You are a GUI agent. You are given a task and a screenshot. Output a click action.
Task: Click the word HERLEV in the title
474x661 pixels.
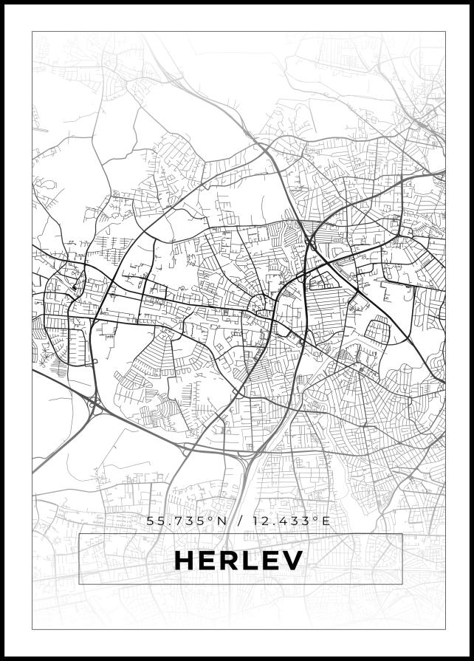(x=238, y=561)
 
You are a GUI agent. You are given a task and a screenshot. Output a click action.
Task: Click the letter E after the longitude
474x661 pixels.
(x=326, y=521)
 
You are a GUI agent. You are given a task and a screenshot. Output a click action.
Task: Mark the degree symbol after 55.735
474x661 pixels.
(x=211, y=518)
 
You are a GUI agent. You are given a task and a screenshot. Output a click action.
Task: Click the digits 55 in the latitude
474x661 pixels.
(x=155, y=521)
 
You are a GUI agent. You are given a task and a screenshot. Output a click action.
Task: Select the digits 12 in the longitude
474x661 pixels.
(x=259, y=521)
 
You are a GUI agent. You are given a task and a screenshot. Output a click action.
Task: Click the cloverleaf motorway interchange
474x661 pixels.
(x=95, y=403)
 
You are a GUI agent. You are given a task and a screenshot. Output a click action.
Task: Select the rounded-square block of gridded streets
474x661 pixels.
(x=378, y=329)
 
